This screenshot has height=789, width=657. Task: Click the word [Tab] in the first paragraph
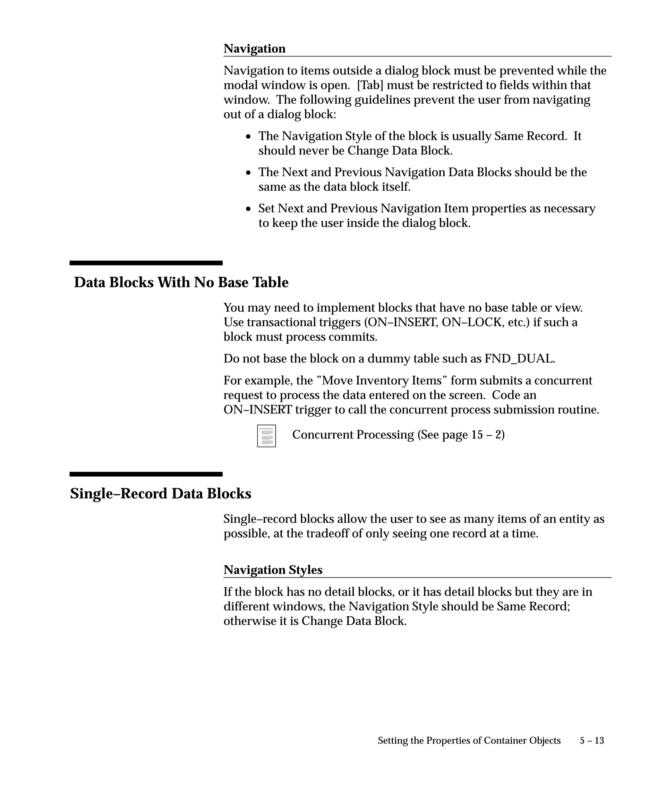point(370,85)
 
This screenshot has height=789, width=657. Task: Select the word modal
point(241,85)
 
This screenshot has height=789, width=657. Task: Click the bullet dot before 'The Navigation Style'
point(248,137)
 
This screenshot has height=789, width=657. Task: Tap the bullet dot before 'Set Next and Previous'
point(248,209)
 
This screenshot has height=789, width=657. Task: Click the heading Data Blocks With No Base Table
point(181,282)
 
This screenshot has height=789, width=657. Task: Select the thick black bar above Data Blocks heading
point(146,263)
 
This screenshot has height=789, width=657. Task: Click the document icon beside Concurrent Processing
point(267,436)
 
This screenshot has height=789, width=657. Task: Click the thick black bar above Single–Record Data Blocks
point(146,474)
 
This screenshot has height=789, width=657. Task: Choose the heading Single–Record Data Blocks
point(161,494)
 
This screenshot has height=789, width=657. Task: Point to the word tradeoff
point(327,533)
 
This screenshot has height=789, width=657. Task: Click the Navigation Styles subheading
point(273,570)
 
